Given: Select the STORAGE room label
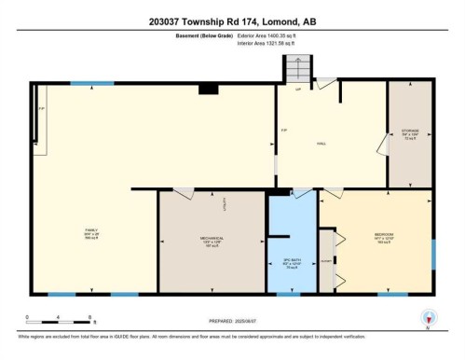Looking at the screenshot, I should point(411,132).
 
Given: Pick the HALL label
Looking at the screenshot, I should point(321,143).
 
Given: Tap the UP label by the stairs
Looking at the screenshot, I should point(297,90).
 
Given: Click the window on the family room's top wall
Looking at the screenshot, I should point(85,85).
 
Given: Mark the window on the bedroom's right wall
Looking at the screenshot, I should point(433,253).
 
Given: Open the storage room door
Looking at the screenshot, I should point(382,145).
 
